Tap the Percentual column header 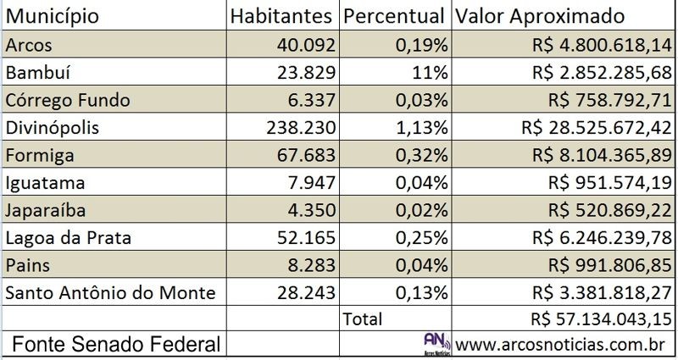point(396,17)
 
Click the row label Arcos point(27,45)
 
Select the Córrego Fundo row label point(68,100)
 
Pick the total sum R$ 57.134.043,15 point(590,320)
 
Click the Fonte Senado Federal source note point(117,345)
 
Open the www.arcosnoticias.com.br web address point(564,345)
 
